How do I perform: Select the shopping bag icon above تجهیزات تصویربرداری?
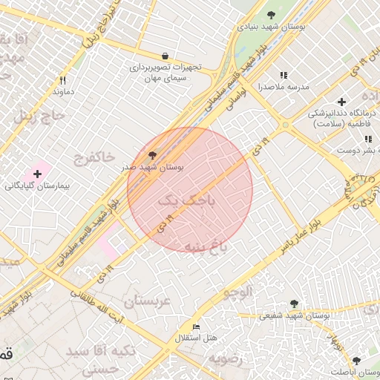pyautogui.click(x=165, y=56)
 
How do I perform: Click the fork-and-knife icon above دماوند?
pyautogui.click(x=62, y=80)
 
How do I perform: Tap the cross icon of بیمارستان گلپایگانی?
pyautogui.click(x=37, y=173)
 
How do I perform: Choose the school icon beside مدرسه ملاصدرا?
pyautogui.click(x=283, y=75)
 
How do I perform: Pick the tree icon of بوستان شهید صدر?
pyautogui.click(x=153, y=155)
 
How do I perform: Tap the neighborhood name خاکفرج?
pyautogui.click(x=94, y=157)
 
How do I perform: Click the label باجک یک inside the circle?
pyautogui.click(x=189, y=200)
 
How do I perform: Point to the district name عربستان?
pyautogui.click(x=147, y=301)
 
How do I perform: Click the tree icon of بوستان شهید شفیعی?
pyautogui.click(x=295, y=304)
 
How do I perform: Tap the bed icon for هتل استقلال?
pyautogui.click(x=196, y=327)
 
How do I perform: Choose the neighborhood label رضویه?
pyautogui.click(x=226, y=358)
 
